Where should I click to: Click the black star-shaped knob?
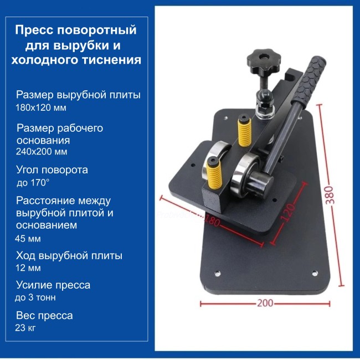coord(263,61)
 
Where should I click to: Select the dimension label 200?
coord(265,303)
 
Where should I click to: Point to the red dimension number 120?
coord(287,212)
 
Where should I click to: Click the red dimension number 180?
coord(212,221)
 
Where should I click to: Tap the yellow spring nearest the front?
coord(214,173)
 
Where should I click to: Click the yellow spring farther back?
coord(245,131)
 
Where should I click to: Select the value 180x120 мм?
coord(41,107)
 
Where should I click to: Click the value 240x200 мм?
coord(42,152)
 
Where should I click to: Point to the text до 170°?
coord(33,183)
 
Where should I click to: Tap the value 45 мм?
coord(28,239)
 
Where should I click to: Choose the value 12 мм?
coord(28,268)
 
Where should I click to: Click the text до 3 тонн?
coord(35,297)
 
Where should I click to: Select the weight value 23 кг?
coord(25,328)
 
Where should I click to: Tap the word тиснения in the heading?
coord(112,60)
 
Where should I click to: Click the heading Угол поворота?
coord(52,170)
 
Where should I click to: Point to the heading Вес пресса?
coord(44,316)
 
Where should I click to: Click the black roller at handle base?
coord(261,184)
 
